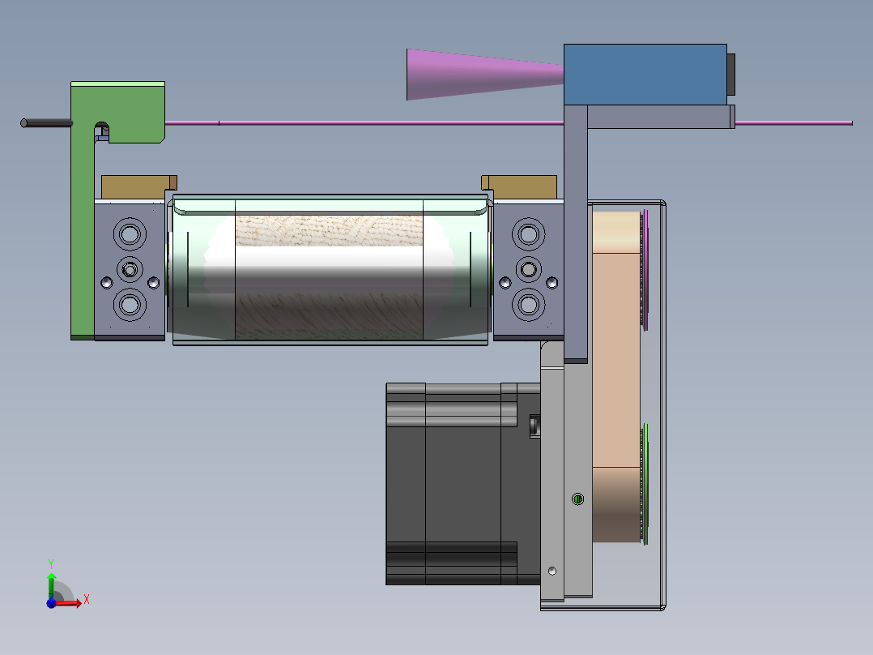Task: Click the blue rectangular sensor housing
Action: click(645, 75)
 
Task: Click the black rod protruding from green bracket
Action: click(46, 123)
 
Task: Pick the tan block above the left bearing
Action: click(138, 187)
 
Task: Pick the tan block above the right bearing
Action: click(519, 187)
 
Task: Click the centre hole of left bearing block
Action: click(130, 270)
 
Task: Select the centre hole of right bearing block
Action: click(528, 270)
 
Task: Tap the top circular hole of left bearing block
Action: click(130, 234)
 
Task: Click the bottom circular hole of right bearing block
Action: click(528, 305)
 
